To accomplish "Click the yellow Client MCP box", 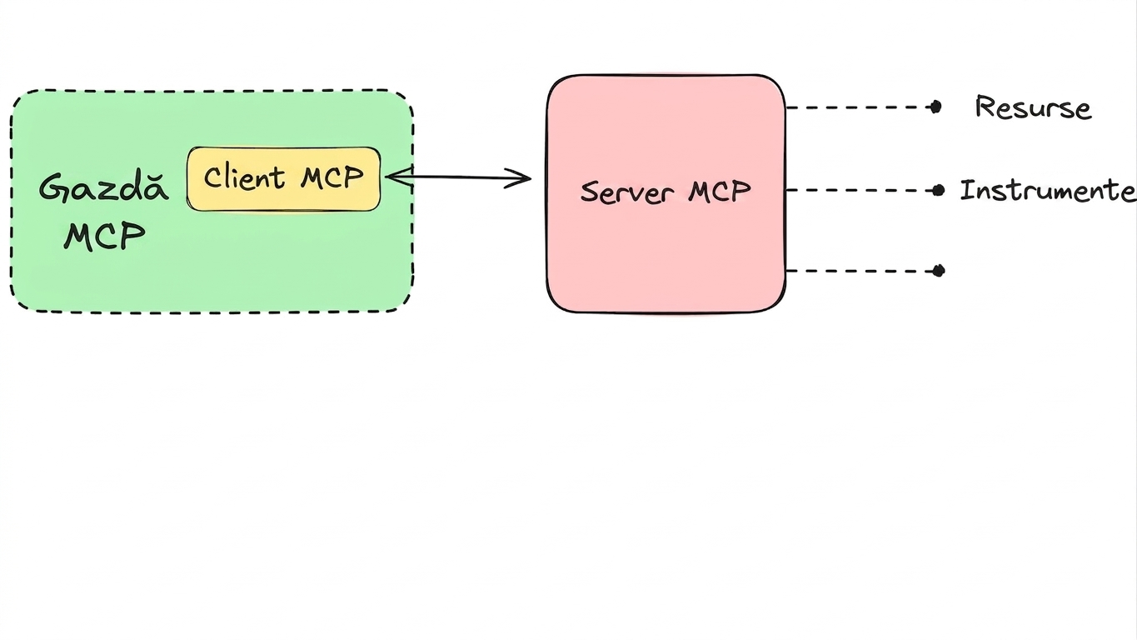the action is pos(283,179).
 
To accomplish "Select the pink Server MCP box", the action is pos(666,193).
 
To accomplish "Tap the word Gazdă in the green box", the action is pos(104,187).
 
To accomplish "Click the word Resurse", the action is pos(1033,107).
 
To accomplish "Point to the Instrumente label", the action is pos(1048,191).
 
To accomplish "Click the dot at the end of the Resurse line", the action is pos(935,107).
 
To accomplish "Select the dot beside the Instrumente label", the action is pos(938,191).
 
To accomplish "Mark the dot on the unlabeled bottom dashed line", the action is pos(938,271).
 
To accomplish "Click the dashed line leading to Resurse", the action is pos(860,107).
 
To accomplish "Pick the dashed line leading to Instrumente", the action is pos(862,191).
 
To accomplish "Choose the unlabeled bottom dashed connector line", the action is pos(862,271).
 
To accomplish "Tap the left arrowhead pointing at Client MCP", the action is pos(399,177).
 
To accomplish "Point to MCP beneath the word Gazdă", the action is pos(105,236).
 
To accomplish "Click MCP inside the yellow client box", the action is pos(332,177).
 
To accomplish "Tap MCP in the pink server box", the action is pos(720,192).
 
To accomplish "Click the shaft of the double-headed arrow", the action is pos(458,177).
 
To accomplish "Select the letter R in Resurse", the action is pos(985,107).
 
